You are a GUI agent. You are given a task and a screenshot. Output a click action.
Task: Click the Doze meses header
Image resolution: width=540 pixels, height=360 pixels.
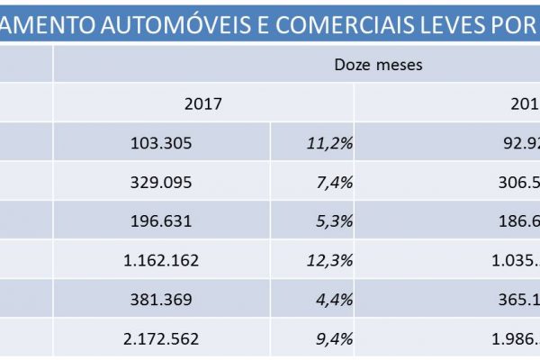[378, 65]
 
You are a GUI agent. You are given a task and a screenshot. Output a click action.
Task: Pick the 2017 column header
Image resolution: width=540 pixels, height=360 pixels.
[202, 103]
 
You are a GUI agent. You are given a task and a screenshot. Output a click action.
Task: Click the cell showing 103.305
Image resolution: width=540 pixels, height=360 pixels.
[162, 143]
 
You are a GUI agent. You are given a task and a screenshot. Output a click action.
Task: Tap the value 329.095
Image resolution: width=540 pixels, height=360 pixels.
[162, 182]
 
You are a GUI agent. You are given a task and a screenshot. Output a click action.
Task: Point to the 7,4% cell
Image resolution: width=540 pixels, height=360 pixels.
[335, 182]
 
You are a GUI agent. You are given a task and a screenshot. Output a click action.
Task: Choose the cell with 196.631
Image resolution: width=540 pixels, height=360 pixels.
[162, 221]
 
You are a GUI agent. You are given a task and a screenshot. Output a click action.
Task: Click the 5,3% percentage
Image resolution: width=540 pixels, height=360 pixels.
[335, 221]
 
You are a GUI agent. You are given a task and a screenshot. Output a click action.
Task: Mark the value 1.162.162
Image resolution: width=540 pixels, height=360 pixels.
[162, 261]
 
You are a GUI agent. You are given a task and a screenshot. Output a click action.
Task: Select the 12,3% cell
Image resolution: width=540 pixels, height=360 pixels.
[331, 261]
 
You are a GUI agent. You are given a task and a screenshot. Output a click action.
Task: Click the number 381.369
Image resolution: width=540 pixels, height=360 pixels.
[162, 300]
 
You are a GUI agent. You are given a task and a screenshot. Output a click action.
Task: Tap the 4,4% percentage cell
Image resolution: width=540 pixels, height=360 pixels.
[335, 300]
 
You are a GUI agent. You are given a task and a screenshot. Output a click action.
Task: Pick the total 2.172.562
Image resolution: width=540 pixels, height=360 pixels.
[162, 339]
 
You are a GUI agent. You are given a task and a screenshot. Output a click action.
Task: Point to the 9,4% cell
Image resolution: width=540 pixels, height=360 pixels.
[335, 339]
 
